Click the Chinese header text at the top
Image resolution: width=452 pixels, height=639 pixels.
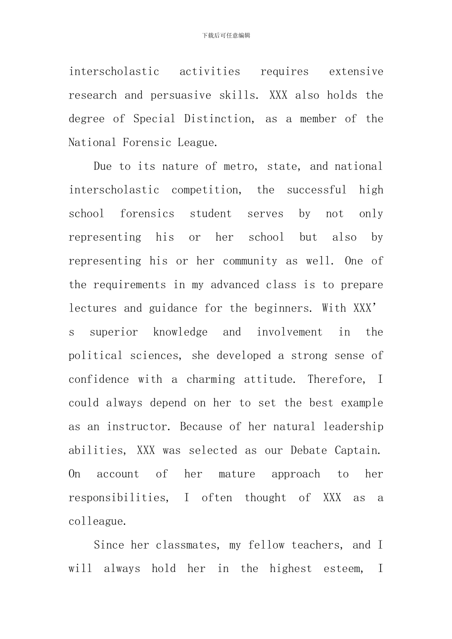(x=226, y=36)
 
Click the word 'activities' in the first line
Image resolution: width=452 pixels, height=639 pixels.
(x=210, y=72)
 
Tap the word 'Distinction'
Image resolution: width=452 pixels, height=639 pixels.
(x=218, y=119)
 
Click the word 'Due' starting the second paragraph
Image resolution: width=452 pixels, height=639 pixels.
(x=103, y=166)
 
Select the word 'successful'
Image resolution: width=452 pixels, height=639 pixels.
(x=316, y=190)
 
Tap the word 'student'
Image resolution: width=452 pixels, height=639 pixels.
(x=211, y=214)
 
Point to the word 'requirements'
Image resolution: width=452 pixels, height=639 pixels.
(x=129, y=285)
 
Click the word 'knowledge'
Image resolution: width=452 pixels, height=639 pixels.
(x=180, y=332)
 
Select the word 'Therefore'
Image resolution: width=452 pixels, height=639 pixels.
(x=336, y=379)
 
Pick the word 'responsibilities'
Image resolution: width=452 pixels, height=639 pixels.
(x=118, y=498)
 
